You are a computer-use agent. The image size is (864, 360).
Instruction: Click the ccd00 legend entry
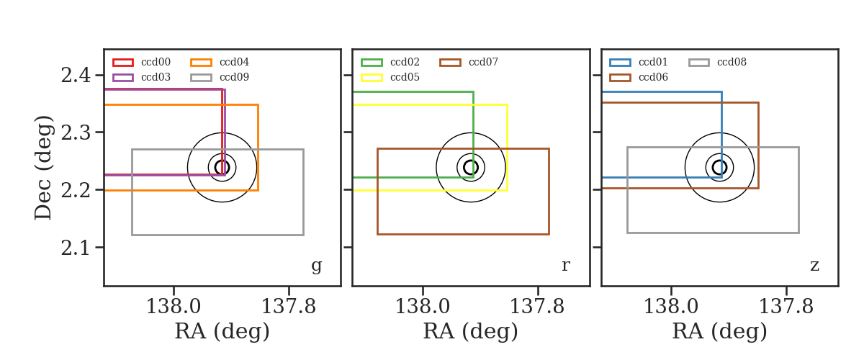tap(142, 62)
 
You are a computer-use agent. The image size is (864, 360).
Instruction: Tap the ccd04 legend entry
tap(220, 62)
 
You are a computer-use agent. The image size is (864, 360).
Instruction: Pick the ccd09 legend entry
tap(220, 77)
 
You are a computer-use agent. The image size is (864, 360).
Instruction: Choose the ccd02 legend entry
tap(390, 62)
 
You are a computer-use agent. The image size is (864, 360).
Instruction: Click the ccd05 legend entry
tap(390, 77)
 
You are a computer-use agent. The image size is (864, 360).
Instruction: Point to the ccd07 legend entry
tap(469, 62)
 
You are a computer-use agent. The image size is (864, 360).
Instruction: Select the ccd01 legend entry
tap(639, 62)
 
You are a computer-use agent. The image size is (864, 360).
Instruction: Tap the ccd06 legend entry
tap(639, 77)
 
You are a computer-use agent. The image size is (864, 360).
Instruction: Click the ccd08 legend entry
tap(717, 62)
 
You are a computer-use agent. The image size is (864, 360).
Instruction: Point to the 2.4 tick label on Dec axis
tap(76, 76)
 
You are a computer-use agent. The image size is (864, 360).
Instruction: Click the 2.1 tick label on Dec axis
tap(76, 248)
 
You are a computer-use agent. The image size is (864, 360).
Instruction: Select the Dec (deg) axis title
tap(42, 168)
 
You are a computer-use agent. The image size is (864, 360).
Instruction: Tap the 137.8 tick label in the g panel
tap(289, 307)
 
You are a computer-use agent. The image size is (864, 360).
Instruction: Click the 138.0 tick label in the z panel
tap(671, 307)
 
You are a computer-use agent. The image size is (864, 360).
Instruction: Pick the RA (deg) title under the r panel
tap(471, 331)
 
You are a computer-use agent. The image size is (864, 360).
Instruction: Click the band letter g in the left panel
tap(316, 266)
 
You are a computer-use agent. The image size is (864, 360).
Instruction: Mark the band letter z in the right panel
tap(814, 266)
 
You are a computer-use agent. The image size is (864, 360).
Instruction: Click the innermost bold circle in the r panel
tap(464, 168)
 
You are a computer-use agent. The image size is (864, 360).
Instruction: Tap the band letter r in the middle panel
tap(565, 266)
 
